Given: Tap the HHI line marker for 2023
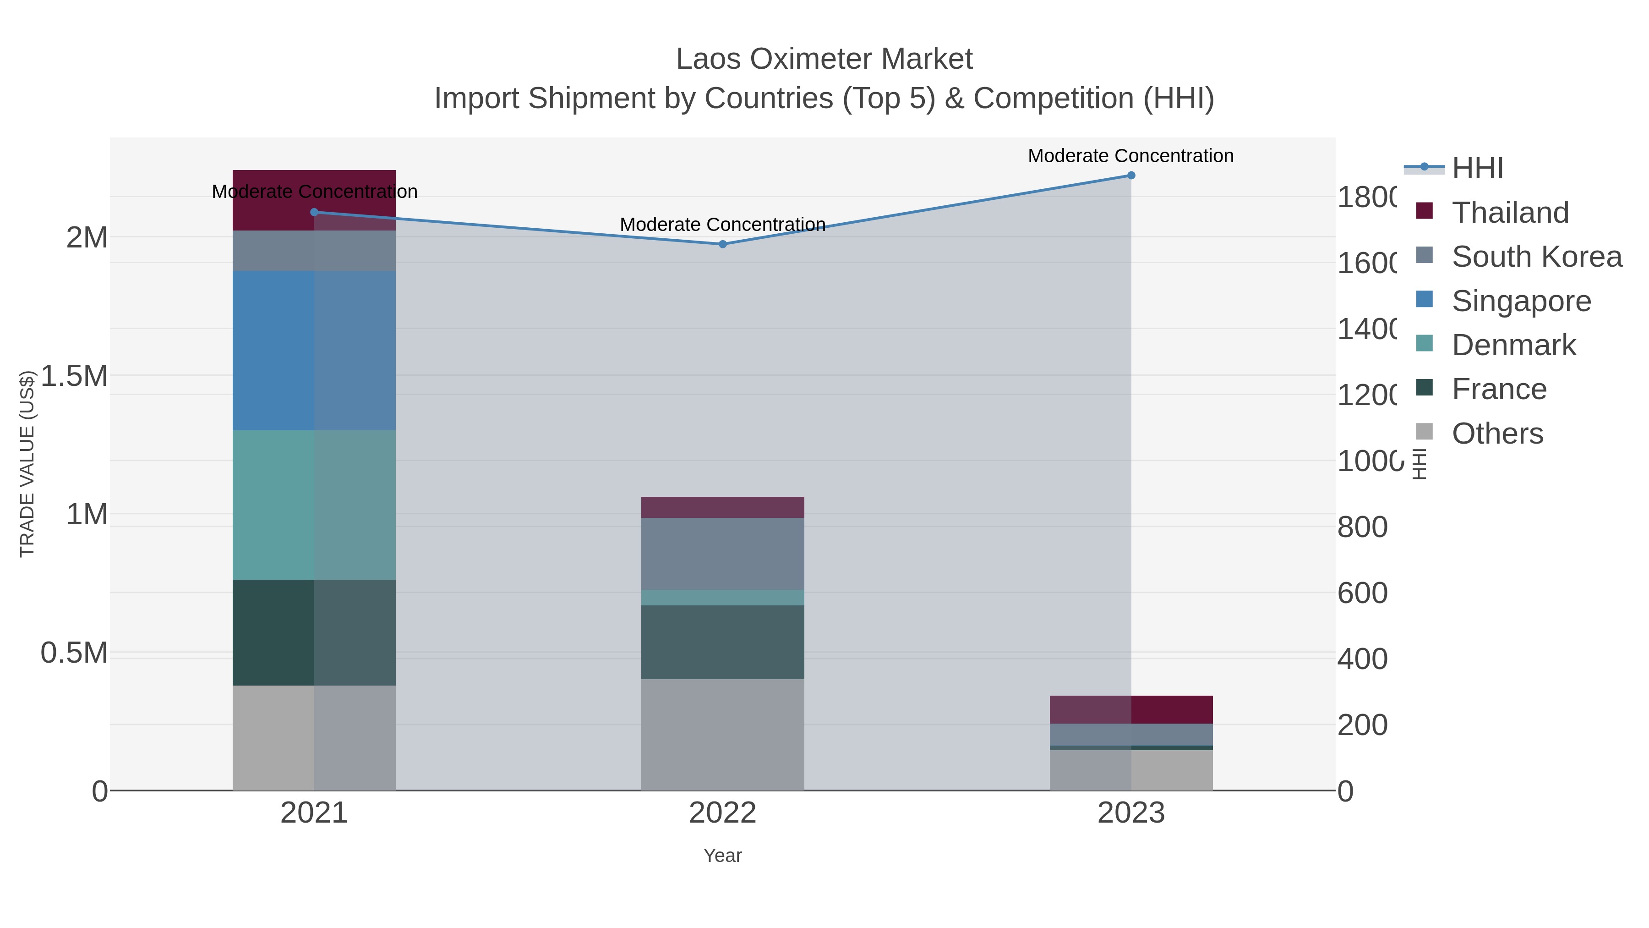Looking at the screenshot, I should [x=1130, y=176].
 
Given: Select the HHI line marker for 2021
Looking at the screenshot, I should [x=314, y=212].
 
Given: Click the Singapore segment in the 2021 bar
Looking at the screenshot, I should [x=314, y=350].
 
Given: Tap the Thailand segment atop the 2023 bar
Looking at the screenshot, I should [x=1130, y=709].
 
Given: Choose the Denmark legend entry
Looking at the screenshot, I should [x=1513, y=345].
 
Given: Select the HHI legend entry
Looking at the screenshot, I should [x=1477, y=169].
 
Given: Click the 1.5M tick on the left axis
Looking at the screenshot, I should [x=74, y=376].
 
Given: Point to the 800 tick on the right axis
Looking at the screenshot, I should [x=1362, y=527].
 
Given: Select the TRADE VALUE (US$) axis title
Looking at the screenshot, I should [x=27, y=464].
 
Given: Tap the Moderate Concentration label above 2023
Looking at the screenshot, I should [x=1130, y=156].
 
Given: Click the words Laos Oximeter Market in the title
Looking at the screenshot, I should [x=824, y=59].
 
